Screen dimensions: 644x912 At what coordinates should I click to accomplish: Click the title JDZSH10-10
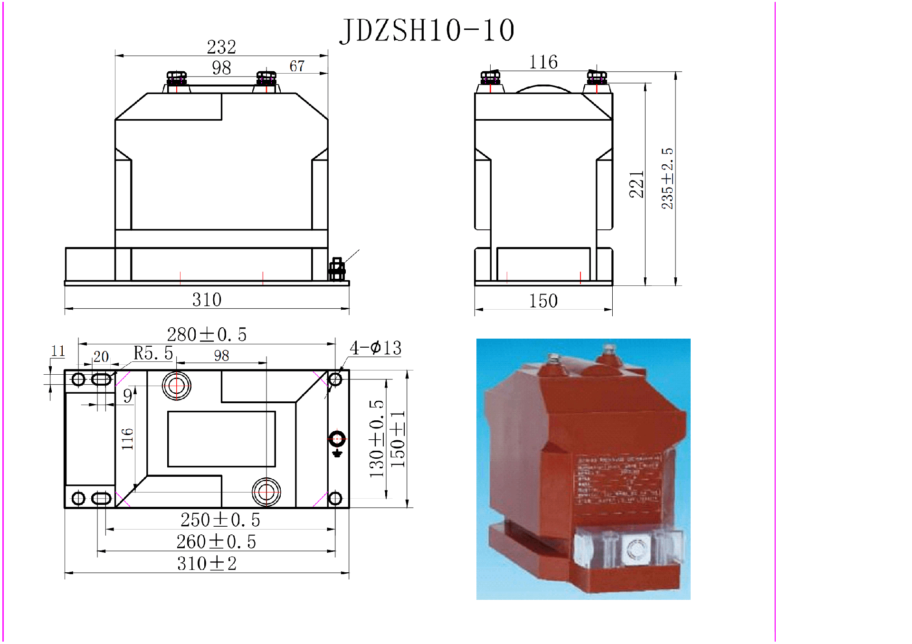427,30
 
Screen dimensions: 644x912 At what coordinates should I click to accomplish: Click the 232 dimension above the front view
221,47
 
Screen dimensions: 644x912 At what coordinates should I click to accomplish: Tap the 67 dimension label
297,66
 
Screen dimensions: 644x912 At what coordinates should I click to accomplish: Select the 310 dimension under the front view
207,300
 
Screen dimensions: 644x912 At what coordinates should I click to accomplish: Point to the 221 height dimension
636,184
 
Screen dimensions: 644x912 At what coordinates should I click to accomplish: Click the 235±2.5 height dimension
667,178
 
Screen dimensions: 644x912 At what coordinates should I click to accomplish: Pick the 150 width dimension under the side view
543,301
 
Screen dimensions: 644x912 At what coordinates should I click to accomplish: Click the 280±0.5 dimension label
207,335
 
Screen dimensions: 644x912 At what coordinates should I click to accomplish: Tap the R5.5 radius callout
153,353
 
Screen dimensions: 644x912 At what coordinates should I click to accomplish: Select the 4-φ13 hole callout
375,348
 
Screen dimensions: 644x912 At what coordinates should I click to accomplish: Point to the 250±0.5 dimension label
220,520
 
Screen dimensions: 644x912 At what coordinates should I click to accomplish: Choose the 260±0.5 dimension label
216,542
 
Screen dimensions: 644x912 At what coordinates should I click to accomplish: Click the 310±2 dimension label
207,564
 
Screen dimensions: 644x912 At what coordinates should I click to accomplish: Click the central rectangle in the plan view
221,439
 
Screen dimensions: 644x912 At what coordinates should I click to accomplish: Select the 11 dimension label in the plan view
58,351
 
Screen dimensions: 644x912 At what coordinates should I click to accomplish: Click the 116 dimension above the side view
543,62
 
